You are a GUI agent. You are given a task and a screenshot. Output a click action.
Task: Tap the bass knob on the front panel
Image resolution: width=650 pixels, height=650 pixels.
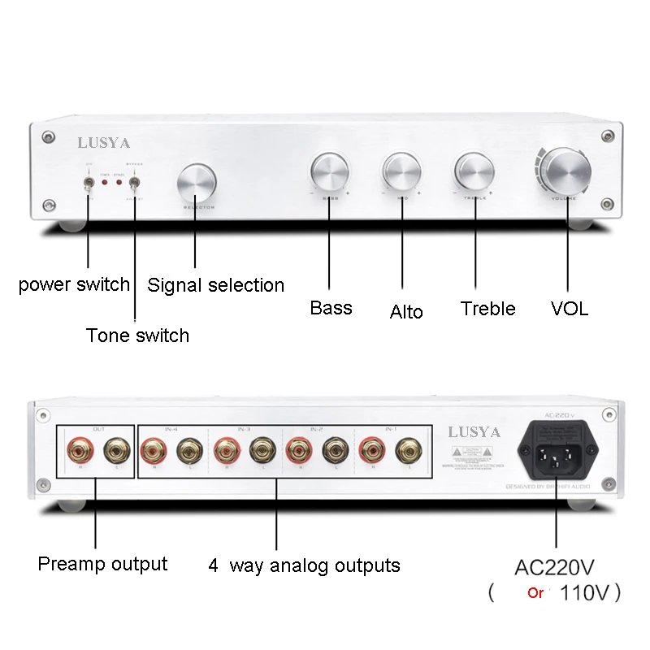pos(330,171)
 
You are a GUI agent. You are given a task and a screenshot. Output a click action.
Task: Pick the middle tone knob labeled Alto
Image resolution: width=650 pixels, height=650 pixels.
pos(402,171)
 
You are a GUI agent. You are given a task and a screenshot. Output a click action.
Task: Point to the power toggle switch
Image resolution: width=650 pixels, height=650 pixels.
pos(87,186)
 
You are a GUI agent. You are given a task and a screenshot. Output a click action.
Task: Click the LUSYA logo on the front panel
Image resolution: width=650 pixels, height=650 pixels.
pos(103,143)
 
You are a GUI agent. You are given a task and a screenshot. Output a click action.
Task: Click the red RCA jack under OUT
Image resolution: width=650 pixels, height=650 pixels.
pos(81,448)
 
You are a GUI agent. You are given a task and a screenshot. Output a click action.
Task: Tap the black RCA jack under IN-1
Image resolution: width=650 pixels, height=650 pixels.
pos(405,448)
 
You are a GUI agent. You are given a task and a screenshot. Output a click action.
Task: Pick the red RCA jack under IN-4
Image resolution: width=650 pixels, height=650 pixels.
pos(153,448)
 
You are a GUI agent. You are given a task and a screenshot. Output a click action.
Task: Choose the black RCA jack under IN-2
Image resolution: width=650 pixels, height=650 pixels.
pos(333,448)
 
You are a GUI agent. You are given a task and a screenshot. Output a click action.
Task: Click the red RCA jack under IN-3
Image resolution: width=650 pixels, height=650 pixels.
pos(225,448)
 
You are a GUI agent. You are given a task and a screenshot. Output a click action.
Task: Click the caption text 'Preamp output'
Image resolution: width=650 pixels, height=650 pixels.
pos(102,563)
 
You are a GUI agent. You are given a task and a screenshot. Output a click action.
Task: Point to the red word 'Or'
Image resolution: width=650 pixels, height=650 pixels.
pos(535,593)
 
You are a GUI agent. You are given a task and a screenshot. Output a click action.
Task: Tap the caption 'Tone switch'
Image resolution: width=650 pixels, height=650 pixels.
pos(137,335)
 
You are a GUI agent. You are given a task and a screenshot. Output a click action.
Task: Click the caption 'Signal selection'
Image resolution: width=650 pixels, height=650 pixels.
pos(215,285)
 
